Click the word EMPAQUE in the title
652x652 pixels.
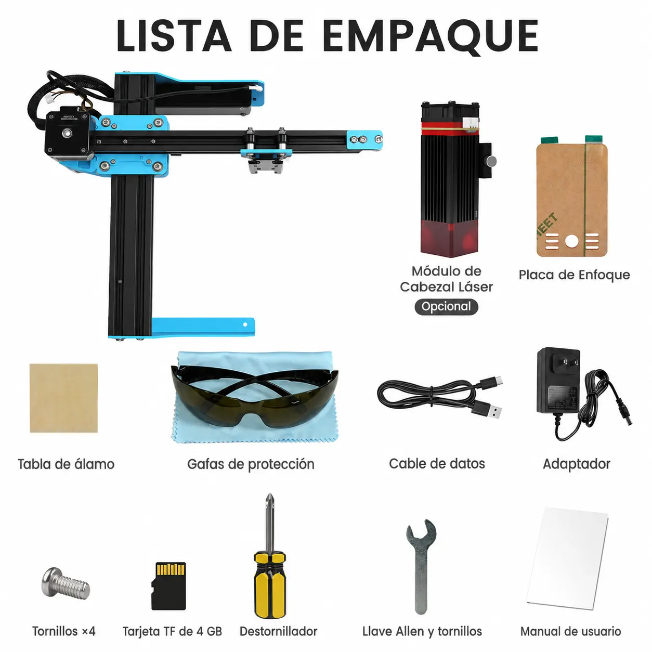(430, 36)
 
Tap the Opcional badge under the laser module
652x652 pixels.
(446, 307)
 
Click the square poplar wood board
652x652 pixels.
(63, 398)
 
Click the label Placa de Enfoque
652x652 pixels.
(574, 275)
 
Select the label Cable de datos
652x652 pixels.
(437, 464)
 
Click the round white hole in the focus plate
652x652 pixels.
(572, 241)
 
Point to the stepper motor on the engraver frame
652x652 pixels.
(68, 133)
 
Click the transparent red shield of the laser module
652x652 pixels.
(449, 237)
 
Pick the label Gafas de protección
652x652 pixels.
(251, 464)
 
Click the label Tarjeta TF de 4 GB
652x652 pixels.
(172, 631)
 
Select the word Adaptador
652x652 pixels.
(577, 464)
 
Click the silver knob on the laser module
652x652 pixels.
(491, 161)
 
